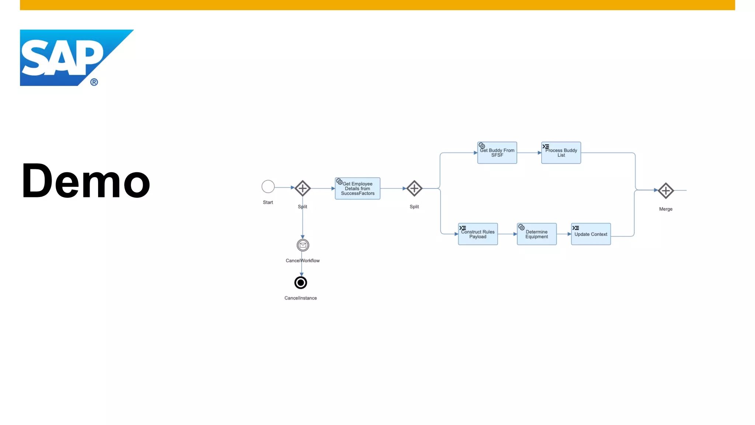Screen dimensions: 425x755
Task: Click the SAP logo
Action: pos(66,57)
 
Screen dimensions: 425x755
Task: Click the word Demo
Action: pos(86,181)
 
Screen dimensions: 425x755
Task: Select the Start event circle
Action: pos(268,187)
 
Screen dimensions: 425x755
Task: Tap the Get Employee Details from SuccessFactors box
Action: pos(357,189)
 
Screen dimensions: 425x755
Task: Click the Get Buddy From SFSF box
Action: pos(497,153)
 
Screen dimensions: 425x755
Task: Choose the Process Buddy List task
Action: pos(561,153)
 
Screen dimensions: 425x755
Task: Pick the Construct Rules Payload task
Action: pos(478,234)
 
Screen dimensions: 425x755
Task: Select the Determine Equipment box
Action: pos(536,234)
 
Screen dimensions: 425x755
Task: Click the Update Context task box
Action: pos(591,234)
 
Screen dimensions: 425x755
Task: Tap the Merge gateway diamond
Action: pos(666,191)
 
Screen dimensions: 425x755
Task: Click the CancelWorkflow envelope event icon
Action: pos(303,245)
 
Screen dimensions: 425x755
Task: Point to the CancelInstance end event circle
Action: pos(301,283)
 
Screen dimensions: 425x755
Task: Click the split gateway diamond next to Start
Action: pos(303,188)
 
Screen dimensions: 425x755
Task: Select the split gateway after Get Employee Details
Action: pos(414,189)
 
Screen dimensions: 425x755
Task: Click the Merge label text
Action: pos(666,209)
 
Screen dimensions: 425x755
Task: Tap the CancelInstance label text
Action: pos(300,298)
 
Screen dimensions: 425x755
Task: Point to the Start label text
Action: pos(268,203)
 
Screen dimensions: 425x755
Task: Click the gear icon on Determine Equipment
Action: pos(521,227)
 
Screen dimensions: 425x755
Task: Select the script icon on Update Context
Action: pos(575,228)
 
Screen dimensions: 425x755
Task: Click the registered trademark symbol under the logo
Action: pos(94,82)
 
